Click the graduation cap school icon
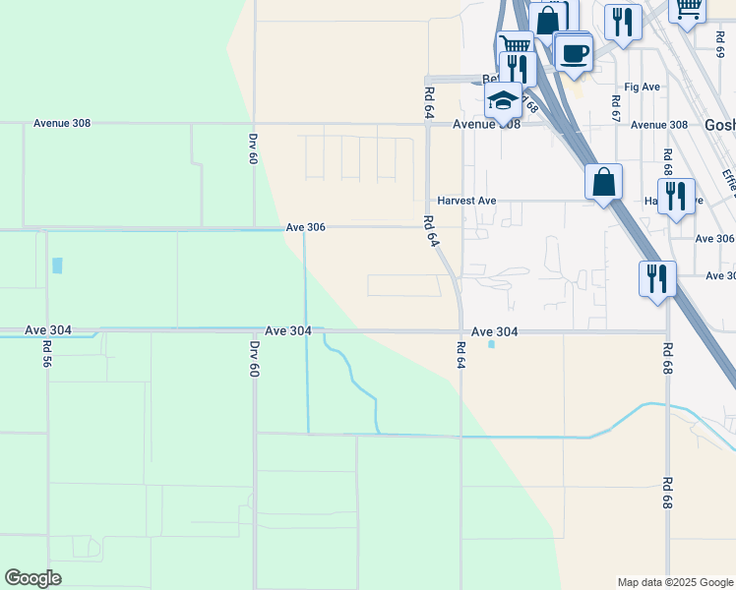503,99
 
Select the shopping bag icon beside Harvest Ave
603,182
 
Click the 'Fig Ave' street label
643,87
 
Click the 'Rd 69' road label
719,45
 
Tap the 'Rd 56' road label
46,355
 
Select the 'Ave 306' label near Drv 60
305,227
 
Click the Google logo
32,578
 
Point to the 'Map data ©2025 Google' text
674,582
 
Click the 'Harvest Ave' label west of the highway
466,201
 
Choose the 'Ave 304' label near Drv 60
288,331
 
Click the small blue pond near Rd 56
57,265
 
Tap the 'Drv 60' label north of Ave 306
253,148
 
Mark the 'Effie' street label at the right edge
729,180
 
